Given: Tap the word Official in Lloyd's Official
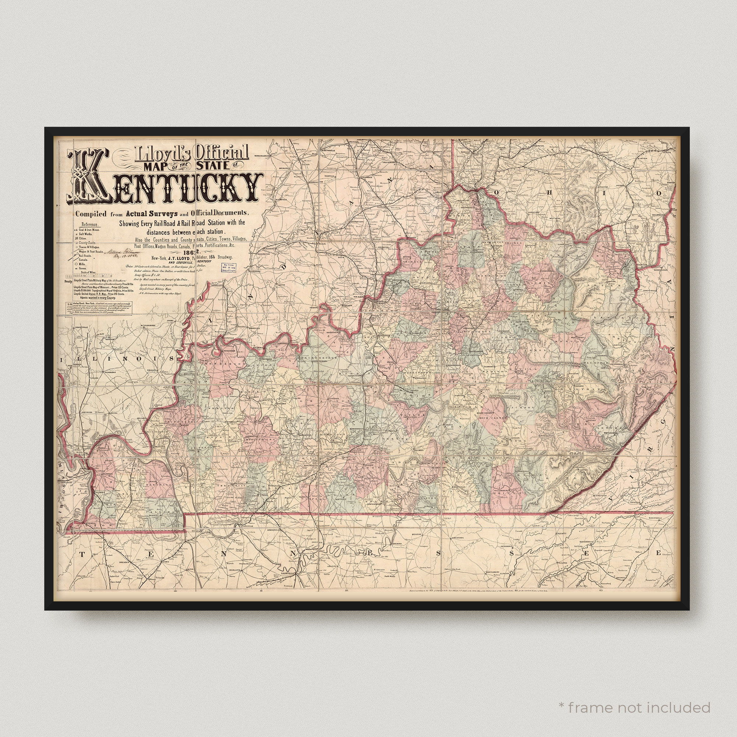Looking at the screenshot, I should tap(222, 153).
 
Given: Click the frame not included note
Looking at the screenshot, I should tap(634, 697).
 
